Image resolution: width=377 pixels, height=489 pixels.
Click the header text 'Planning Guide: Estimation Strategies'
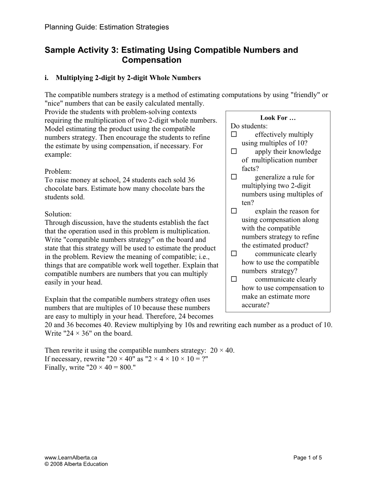coord(106,27)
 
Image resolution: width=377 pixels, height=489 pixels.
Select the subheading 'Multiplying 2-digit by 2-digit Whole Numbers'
coord(128,78)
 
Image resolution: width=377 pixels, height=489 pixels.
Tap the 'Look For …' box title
coord(278,118)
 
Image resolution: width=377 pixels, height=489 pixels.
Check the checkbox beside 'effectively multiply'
coord(234,134)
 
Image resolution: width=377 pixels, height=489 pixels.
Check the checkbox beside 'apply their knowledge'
coord(234,152)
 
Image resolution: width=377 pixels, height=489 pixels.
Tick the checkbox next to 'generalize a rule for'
coord(234,177)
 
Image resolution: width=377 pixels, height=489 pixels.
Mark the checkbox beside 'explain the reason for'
coord(234,211)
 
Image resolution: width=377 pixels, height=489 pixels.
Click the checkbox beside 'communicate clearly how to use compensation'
coord(234,279)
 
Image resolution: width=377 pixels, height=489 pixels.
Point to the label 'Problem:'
coord(58,172)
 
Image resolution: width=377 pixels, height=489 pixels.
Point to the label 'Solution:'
coord(58,214)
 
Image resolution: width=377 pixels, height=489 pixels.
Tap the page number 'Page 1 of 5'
coord(308,458)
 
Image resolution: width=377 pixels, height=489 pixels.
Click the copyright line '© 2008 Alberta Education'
coord(76,464)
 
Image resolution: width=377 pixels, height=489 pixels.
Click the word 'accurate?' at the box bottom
coord(255,305)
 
